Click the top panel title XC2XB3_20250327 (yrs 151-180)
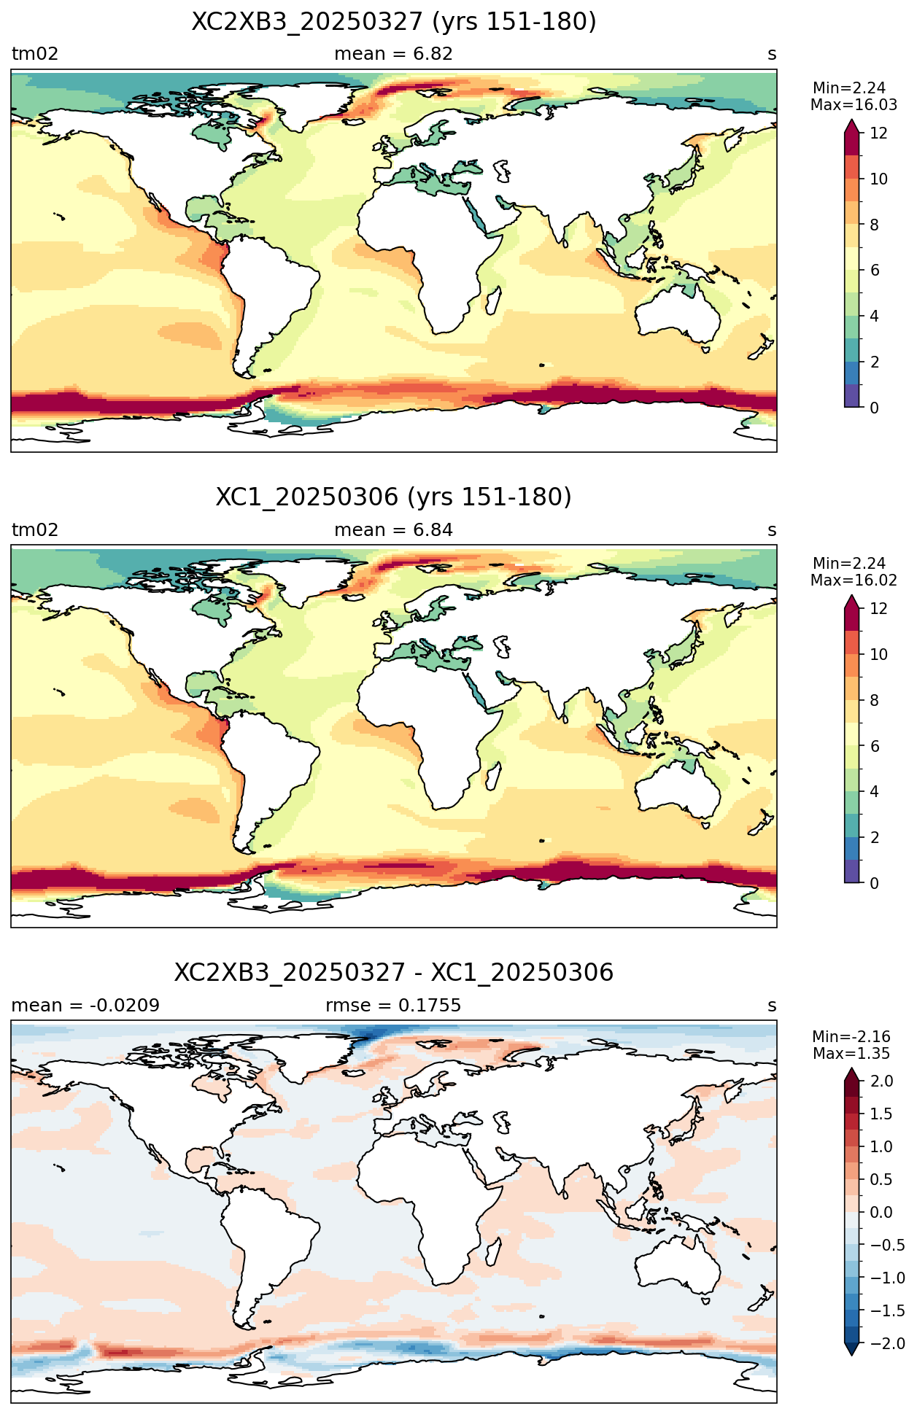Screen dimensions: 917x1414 [x=393, y=22]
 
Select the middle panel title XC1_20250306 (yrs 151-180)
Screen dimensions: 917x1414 [x=393, y=497]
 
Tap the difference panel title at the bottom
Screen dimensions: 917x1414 [x=393, y=973]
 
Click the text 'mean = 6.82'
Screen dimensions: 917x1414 [x=393, y=54]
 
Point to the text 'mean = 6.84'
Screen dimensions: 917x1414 [x=393, y=530]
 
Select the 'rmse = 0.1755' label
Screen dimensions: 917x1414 [x=393, y=1006]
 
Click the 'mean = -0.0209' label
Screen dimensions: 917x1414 [x=85, y=1006]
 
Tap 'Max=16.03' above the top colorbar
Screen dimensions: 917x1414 [x=854, y=105]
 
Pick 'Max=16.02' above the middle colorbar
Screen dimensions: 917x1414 [x=854, y=580]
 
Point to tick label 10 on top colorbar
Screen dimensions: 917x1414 [x=879, y=179]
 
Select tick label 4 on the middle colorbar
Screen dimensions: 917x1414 [x=875, y=792]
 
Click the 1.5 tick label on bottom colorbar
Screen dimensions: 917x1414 [x=881, y=1114]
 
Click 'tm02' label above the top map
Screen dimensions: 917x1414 [x=34, y=54]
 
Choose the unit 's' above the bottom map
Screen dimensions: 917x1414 [x=772, y=1006]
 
